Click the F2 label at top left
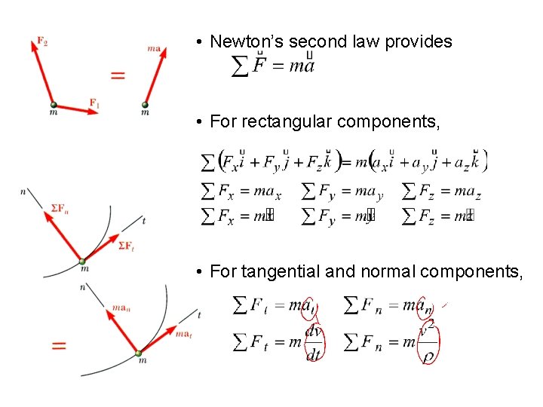click(x=41, y=43)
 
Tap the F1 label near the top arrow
click(x=94, y=103)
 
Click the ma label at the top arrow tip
click(x=154, y=49)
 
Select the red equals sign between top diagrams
click(x=117, y=75)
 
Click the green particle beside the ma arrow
click(x=145, y=105)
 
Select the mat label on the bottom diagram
click(x=183, y=332)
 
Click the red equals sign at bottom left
click(x=58, y=345)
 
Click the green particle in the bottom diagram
click(x=138, y=353)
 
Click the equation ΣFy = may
click(x=342, y=191)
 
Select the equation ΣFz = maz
click(x=441, y=191)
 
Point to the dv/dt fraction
click(x=312, y=343)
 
